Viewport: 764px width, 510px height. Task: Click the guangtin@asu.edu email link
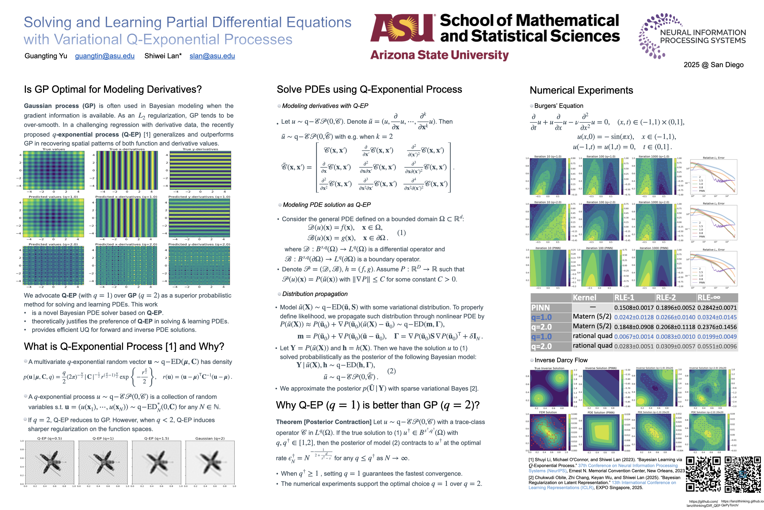click(105, 56)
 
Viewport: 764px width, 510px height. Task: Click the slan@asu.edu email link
click(212, 56)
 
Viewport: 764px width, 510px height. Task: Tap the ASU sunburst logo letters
click(402, 28)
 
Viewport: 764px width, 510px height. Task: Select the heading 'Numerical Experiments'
click(581, 90)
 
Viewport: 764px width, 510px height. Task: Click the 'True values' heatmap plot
click(54, 170)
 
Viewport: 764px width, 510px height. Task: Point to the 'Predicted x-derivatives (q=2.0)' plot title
click(126, 244)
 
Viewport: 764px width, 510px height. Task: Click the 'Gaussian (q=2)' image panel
click(210, 462)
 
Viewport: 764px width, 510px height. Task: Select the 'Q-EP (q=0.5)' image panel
click(50, 462)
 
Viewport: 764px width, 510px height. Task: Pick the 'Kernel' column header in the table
click(584, 297)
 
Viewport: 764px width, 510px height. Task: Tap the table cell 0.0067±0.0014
click(634, 337)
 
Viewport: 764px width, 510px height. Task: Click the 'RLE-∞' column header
click(709, 297)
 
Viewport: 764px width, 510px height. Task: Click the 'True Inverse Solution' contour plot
click(549, 388)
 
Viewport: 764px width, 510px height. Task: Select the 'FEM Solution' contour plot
click(548, 432)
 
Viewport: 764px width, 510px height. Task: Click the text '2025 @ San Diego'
click(713, 65)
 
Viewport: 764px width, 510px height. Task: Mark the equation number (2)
click(391, 371)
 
